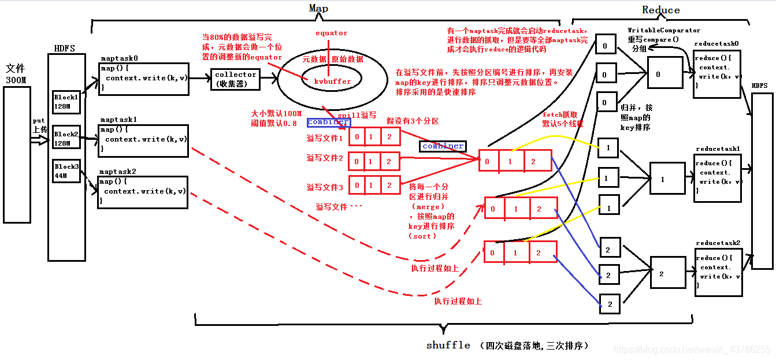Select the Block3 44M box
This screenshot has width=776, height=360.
[x=65, y=170]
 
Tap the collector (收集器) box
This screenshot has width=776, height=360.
[x=235, y=79]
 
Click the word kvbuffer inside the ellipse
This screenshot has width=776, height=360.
[x=332, y=81]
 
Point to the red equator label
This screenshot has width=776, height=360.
[x=331, y=33]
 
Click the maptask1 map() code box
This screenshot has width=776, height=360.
[x=143, y=140]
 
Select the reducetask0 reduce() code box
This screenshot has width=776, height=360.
[x=716, y=73]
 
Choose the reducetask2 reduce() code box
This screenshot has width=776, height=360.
[x=717, y=273]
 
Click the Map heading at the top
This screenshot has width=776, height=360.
[x=318, y=8]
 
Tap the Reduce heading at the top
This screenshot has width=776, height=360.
[x=660, y=10]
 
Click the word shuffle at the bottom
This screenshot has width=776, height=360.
[x=448, y=344]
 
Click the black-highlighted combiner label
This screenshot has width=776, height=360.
[x=443, y=146]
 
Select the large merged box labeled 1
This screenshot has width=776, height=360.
[x=662, y=180]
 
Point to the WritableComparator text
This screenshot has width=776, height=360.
[x=664, y=30]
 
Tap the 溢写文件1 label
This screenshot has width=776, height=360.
[x=325, y=139]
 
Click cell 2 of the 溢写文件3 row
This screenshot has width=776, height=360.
[x=391, y=185]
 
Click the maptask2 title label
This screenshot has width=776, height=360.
[x=118, y=172]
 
